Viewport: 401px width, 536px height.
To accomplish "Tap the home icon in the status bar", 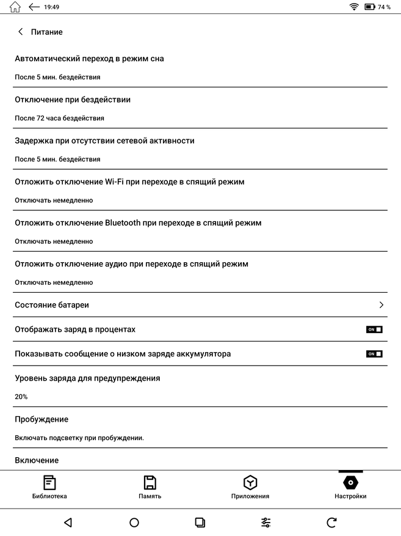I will point(15,7).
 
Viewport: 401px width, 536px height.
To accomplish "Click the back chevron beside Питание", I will point(21,32).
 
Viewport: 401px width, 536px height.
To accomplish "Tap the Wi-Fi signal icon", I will point(354,7).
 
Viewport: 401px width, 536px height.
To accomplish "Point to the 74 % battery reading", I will point(384,7).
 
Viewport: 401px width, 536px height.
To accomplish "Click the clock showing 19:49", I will point(52,7).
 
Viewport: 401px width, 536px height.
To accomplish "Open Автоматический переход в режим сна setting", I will point(89,59).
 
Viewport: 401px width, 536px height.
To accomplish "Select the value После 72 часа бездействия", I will point(59,118).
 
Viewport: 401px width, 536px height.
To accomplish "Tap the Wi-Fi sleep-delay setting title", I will point(129,182).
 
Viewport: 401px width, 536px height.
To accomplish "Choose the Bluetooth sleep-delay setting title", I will point(138,222).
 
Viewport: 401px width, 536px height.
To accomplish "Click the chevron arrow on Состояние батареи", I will point(381,305).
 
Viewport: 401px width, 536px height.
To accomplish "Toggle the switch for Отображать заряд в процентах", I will point(374,329).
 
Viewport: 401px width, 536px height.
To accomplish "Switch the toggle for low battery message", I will point(374,354).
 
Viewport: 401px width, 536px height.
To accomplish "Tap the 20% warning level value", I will point(21,397).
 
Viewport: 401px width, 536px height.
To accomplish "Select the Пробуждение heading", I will point(42,419).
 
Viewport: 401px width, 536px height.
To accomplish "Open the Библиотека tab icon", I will point(49,482).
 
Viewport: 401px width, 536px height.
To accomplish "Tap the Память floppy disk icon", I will point(150,482).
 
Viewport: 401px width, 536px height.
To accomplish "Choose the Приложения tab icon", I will point(250,482).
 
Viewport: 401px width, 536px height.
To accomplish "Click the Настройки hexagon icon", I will point(350,482).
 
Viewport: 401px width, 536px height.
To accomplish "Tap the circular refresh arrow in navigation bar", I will point(331,522).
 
